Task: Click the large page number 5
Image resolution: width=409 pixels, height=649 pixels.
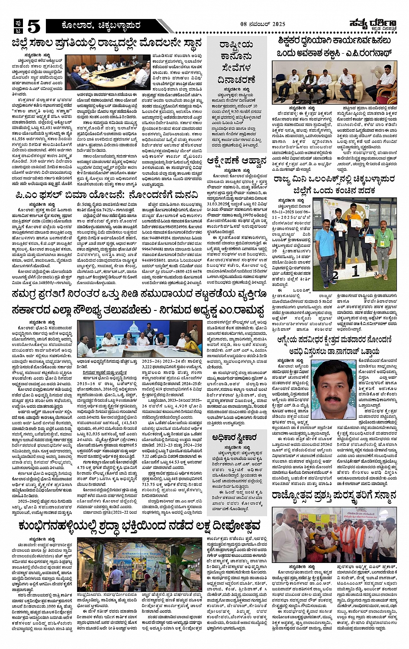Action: [33, 26]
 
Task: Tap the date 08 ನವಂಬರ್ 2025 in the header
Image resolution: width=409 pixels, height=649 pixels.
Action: [263, 25]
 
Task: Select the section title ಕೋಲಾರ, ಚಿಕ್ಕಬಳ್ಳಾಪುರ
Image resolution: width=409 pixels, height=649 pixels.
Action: [101, 26]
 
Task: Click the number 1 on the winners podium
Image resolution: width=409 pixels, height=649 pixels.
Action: [355, 271]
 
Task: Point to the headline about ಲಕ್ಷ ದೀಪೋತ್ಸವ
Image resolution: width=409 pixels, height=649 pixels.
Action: [139, 525]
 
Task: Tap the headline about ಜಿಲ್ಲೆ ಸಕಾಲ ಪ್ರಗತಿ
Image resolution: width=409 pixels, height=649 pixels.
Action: [107, 43]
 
